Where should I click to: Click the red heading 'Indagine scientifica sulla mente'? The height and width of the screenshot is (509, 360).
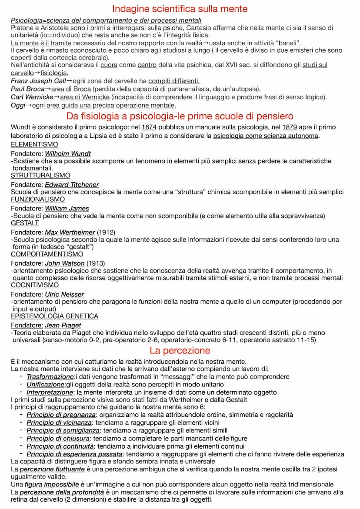click(180, 9)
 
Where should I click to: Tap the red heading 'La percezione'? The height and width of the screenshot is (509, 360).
click(180, 350)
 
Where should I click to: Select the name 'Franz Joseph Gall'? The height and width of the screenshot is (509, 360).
click(38, 81)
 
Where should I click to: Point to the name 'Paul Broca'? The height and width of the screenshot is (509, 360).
click(28, 89)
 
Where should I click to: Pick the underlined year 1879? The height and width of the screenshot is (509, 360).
click(290, 127)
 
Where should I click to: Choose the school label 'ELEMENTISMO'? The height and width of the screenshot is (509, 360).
click(34, 144)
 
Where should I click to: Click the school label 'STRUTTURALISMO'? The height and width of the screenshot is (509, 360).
click(40, 175)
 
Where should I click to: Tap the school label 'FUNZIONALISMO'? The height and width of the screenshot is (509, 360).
click(38, 199)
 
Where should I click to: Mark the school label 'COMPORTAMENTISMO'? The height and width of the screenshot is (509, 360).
click(47, 254)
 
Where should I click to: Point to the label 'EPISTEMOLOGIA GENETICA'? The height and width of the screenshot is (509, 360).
click(55, 316)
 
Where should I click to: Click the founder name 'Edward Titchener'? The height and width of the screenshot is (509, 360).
click(72, 185)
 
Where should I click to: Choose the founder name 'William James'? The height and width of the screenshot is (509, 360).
click(67, 209)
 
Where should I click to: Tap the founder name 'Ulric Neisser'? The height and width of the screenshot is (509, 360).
click(64, 295)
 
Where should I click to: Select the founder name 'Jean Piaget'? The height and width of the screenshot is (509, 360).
click(63, 326)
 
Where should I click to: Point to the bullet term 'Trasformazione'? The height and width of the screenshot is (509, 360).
click(50, 376)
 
